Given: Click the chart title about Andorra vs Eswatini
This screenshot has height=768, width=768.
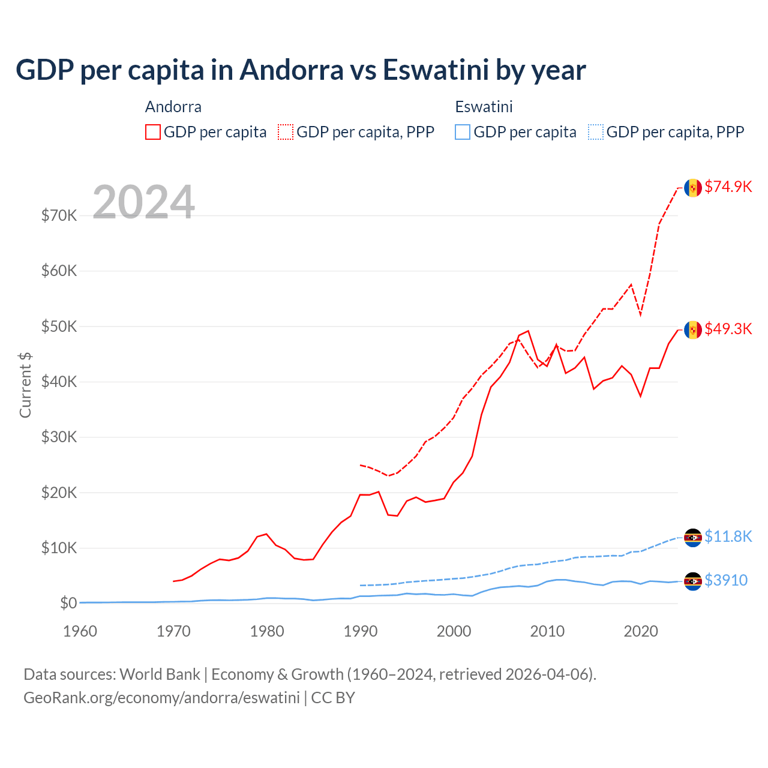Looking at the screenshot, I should pos(301,70).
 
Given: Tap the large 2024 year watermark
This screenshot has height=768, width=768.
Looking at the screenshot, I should pos(143,202).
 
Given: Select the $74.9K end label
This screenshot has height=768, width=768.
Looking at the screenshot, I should pos(728,187).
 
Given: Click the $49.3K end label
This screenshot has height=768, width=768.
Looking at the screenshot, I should pos(728,329).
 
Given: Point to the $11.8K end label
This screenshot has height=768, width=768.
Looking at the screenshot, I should pos(728,536).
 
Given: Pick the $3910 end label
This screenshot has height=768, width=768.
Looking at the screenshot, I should pos(725,580).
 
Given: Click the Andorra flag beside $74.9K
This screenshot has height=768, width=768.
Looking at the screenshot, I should pos(693,188).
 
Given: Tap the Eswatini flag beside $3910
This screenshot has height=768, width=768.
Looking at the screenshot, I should pos(693,581).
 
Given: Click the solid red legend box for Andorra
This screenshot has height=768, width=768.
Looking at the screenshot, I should pos(153,132).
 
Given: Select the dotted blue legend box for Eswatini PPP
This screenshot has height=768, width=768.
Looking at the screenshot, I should pos(596,132).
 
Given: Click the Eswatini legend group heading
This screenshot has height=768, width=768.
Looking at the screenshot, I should pos(484,107).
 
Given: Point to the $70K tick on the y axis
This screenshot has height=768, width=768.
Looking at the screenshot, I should pos(59,215).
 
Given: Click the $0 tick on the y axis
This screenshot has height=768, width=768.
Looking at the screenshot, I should pos(68,603).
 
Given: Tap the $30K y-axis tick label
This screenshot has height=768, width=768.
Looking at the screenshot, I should pos(59,437).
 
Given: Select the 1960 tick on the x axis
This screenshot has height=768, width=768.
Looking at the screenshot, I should pos(80,631).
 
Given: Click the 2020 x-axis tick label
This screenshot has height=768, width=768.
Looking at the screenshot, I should pos(641,631).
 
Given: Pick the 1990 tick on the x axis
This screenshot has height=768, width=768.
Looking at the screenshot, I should pos(361,631).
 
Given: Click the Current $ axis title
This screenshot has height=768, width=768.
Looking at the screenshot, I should pos(25,385).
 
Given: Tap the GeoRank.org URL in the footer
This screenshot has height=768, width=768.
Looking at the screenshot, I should pos(161,698).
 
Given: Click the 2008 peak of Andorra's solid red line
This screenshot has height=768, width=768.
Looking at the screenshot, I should pos(528,331).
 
